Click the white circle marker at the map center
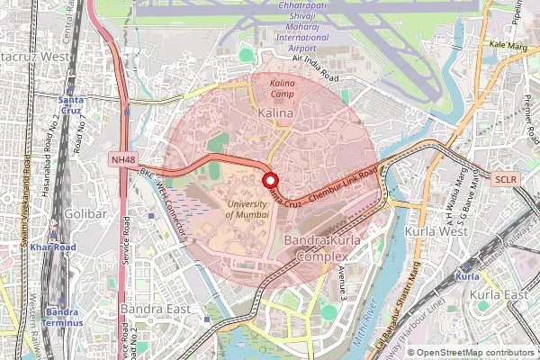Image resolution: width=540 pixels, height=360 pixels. (x=269, y=180)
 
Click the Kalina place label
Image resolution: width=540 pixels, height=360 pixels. (x=275, y=114)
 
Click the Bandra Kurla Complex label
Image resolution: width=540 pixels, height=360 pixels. (x=322, y=249)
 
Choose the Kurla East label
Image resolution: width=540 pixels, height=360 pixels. (x=502, y=294)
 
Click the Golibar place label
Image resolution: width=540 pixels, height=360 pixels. (x=85, y=213)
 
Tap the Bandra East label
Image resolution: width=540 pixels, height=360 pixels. (x=155, y=309)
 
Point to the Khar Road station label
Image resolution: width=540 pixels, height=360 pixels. (x=52, y=246)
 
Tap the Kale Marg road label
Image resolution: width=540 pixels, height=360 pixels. (x=508, y=43)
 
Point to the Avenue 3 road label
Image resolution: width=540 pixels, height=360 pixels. (x=343, y=281)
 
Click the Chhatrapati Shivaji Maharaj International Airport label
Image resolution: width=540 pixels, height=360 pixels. (x=289, y=25)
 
